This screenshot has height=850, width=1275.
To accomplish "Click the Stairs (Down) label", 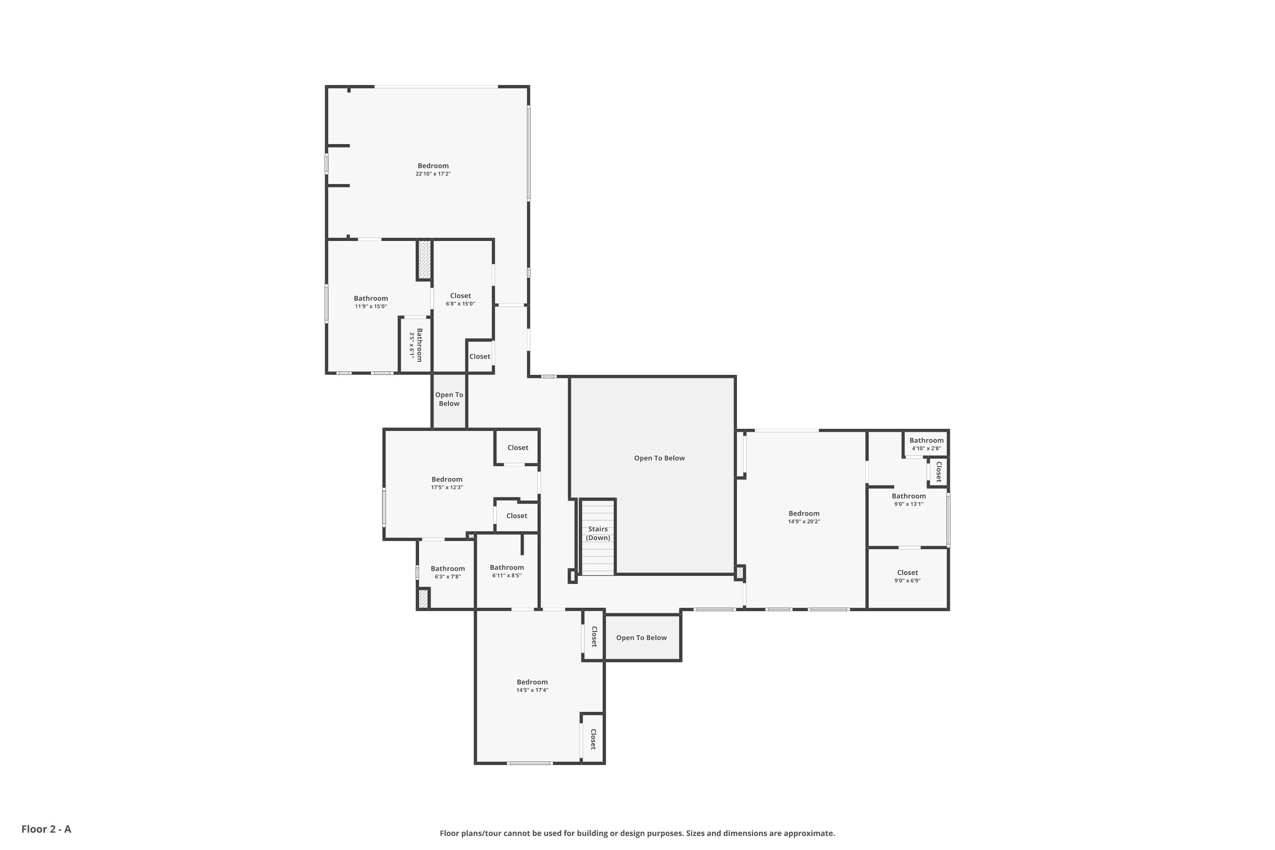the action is pos(598,533).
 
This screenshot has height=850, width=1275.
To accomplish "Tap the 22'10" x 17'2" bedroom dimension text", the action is pos(433,174).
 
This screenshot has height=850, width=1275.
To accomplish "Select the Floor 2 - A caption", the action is pos(46,829).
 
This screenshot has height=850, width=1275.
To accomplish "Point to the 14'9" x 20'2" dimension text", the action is pos(804,521).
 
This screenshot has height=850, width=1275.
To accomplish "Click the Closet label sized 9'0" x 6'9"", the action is pos(907,572).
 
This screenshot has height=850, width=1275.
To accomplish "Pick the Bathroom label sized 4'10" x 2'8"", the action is pos(926,440).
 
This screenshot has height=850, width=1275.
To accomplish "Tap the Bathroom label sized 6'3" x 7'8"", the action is pos(448,569).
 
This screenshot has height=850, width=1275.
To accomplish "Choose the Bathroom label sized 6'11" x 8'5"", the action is pos(507,567).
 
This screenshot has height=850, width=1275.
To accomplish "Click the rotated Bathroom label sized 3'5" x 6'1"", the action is pos(419,345).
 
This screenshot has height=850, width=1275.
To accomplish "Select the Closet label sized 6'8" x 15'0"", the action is pos(460,296).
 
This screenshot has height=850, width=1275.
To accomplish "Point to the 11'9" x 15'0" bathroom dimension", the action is pos(371,307).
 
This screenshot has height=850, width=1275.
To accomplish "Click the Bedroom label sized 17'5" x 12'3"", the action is pos(447,479).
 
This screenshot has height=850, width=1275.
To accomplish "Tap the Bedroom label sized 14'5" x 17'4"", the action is pos(533,682).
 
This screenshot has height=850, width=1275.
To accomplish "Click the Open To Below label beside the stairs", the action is pos(659,458).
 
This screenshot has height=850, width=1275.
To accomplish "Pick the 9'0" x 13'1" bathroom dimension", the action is pos(909,504).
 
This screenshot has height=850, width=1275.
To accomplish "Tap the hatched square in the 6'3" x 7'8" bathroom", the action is pos(423,598).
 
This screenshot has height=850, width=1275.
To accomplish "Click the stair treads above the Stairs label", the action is pos(598,512).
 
